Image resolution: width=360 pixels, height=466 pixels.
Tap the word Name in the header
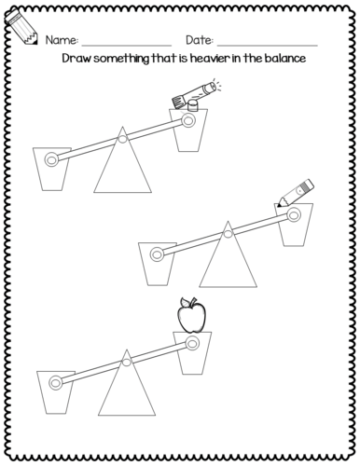click(x=60, y=41)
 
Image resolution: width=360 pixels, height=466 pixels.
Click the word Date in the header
click(x=200, y=41)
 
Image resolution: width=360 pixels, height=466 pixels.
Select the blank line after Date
click(x=268, y=45)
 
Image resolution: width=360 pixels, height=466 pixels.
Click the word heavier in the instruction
click(x=220, y=58)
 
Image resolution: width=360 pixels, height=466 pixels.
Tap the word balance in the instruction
click(x=286, y=58)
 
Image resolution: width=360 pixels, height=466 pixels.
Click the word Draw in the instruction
click(x=78, y=58)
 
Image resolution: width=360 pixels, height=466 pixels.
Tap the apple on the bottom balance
click(x=191, y=317)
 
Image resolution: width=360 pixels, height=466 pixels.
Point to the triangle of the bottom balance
click(x=124, y=383)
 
